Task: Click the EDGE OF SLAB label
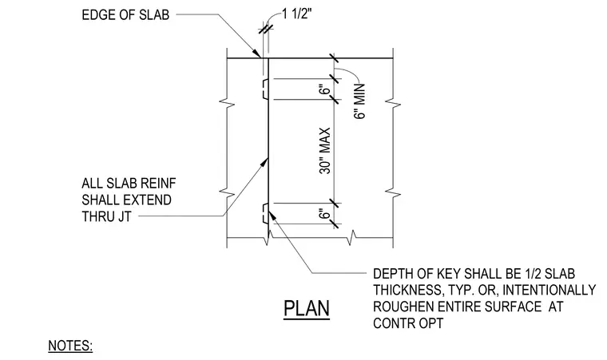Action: click(125, 14)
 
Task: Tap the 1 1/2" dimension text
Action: click(297, 14)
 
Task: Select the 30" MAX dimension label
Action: click(325, 151)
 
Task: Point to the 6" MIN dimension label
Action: click(359, 101)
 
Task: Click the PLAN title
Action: click(307, 309)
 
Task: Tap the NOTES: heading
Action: click(70, 346)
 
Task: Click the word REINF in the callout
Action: click(158, 183)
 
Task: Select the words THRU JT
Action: click(106, 216)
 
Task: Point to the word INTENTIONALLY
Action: click(549, 290)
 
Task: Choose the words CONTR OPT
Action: click(408, 322)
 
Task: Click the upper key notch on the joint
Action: click(265, 89)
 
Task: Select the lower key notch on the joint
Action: click(265, 213)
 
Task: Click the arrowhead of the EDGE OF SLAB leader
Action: click(256, 53)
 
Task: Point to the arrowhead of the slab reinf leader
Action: click(264, 162)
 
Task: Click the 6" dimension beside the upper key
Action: click(326, 90)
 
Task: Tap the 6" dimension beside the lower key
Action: click(326, 214)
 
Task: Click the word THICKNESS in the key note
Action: click(407, 290)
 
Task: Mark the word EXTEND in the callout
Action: click(149, 200)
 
